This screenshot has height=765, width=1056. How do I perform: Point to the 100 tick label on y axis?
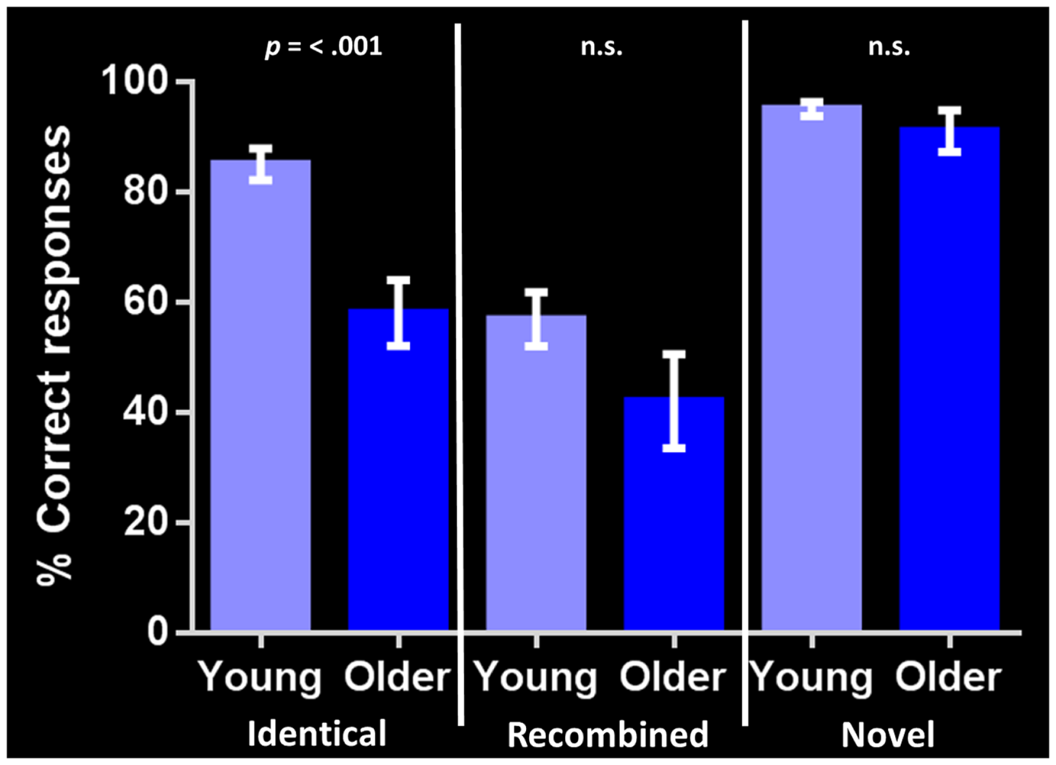(135, 81)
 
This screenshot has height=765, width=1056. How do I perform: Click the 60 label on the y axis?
(145, 301)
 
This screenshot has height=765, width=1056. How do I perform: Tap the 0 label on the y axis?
(157, 631)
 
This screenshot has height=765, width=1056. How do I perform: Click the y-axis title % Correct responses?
(54, 355)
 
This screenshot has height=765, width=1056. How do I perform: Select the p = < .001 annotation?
(323, 47)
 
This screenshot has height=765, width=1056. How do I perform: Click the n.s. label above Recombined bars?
(602, 47)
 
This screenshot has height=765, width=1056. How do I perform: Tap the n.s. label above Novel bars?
(889, 47)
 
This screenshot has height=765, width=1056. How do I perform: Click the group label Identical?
(317, 733)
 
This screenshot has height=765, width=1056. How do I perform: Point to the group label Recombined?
(607, 734)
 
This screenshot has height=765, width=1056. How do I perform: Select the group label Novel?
(887, 734)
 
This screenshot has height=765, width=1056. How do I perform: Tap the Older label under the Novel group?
(948, 677)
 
